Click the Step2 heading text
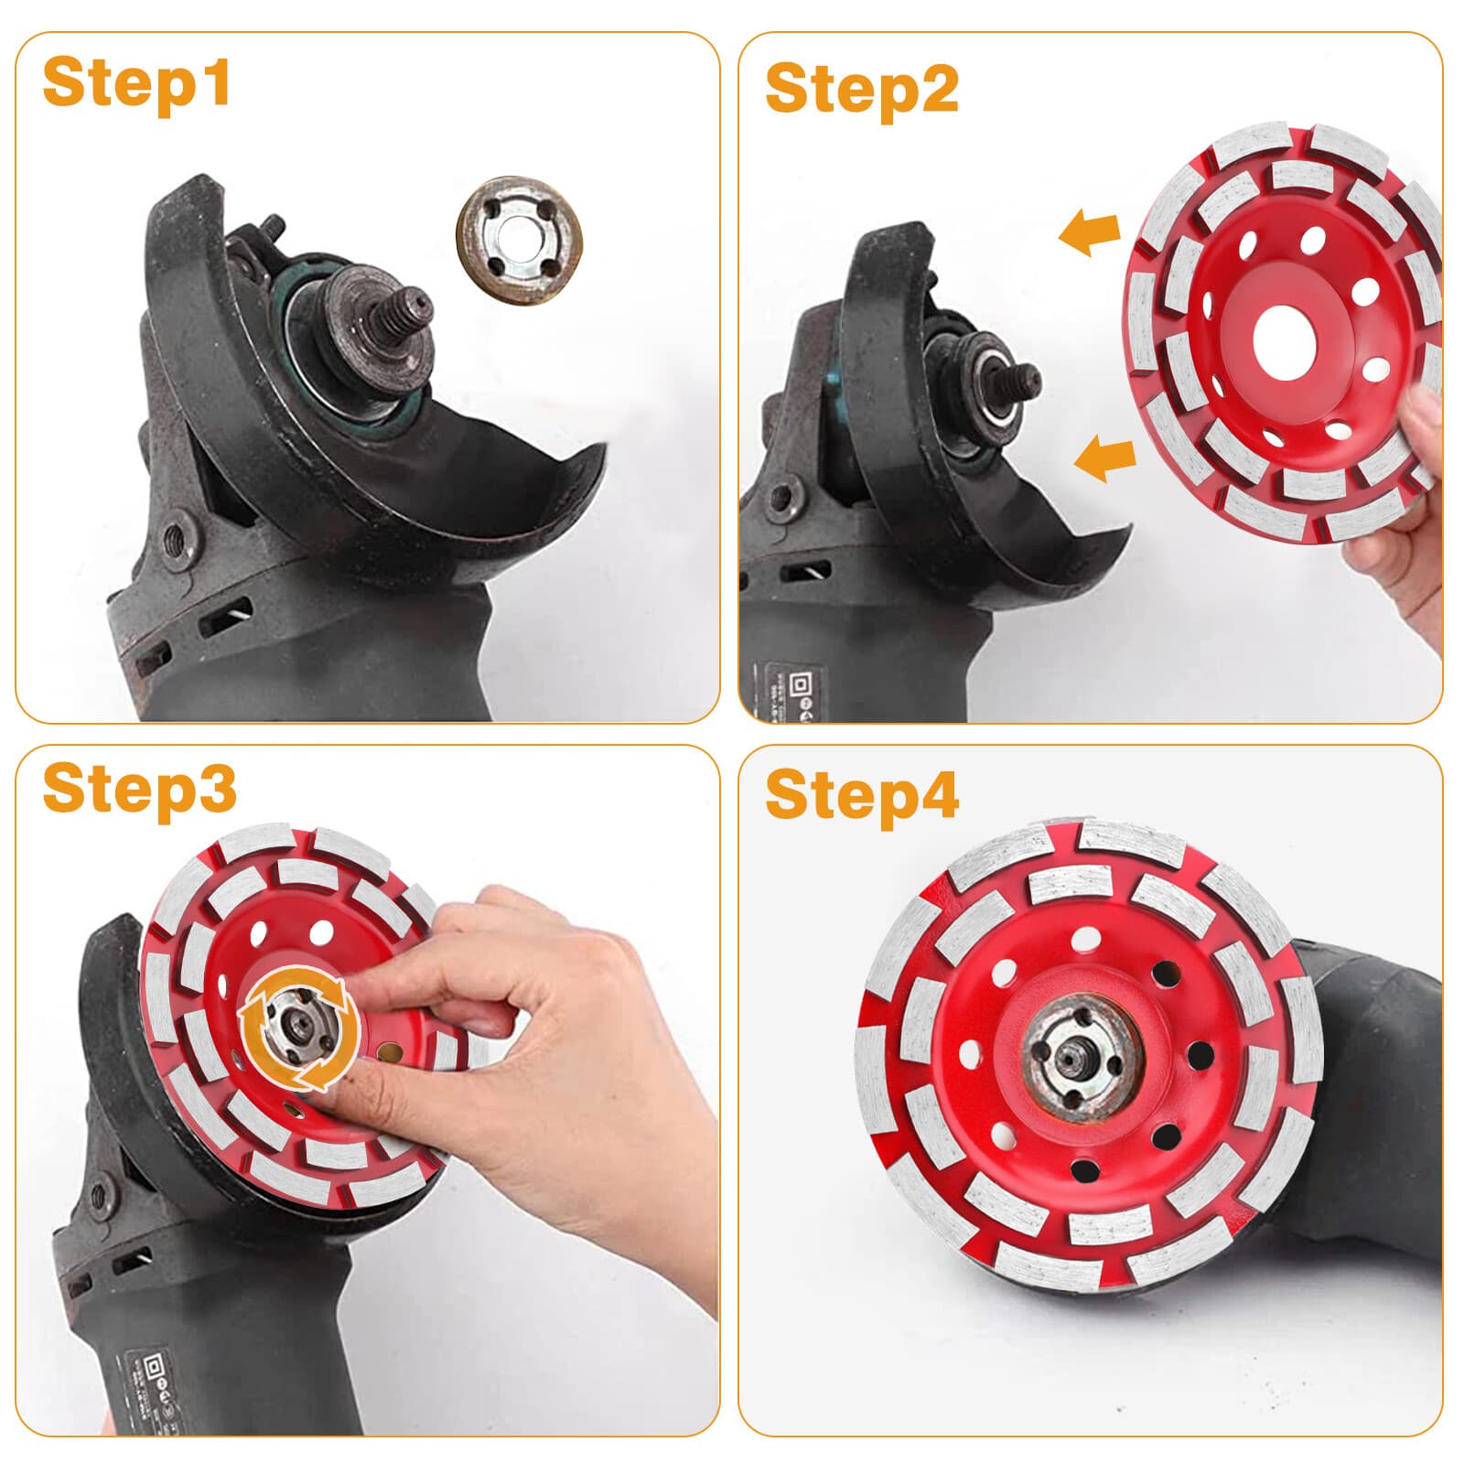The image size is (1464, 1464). pyautogui.click(x=861, y=89)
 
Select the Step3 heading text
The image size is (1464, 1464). pyautogui.click(x=139, y=789)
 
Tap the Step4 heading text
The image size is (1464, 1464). pyautogui.click(x=861, y=795)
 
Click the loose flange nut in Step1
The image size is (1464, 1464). pyautogui.click(x=520, y=240)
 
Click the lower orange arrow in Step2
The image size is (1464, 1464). pyautogui.click(x=1105, y=457)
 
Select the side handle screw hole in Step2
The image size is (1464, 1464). pyautogui.click(x=780, y=500)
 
